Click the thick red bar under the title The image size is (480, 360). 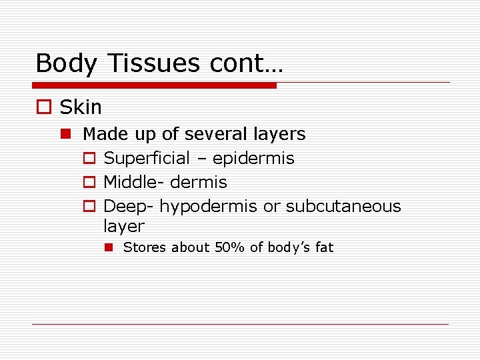[x=154, y=85]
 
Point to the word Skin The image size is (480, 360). [x=81, y=107]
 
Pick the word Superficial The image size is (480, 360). [x=147, y=158]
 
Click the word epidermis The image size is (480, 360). [x=253, y=159]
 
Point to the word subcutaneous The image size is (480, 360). [x=343, y=206]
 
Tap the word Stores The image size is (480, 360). [x=145, y=247]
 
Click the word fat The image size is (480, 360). [x=324, y=247]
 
